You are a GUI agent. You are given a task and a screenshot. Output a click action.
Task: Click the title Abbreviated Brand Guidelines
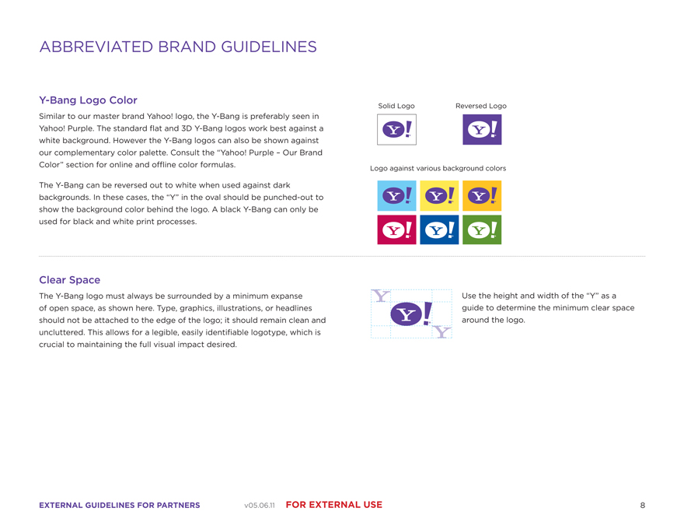tap(178, 47)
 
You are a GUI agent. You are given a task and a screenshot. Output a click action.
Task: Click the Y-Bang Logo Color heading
tap(88, 100)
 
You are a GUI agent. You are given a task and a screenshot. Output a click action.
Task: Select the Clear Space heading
tap(70, 280)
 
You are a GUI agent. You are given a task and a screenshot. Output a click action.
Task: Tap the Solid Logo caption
tap(396, 106)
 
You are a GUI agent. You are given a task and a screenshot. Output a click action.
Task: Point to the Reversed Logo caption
tap(480, 106)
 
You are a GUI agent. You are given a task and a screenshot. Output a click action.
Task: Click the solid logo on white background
tap(396, 129)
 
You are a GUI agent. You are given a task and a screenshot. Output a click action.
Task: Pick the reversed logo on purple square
tap(482, 129)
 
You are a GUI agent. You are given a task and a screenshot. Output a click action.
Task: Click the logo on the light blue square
tap(396, 195)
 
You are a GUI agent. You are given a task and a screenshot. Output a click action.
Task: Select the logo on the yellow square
tap(439, 195)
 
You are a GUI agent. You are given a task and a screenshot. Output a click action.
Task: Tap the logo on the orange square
tap(482, 195)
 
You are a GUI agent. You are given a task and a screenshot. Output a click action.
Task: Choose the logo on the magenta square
tap(396, 229)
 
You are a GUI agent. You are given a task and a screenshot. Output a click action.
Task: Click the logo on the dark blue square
tap(439, 229)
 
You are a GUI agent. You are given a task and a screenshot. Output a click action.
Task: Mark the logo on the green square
tap(482, 229)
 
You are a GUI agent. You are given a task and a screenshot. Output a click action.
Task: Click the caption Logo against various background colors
tap(438, 168)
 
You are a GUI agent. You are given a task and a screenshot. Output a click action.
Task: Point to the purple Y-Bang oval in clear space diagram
tap(406, 314)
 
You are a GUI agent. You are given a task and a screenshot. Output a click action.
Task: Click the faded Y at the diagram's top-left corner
tap(381, 296)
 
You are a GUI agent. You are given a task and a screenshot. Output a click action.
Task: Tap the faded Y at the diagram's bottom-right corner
tap(441, 332)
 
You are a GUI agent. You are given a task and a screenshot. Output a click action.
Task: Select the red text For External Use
tap(334, 505)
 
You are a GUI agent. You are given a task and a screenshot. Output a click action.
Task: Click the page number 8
tap(643, 505)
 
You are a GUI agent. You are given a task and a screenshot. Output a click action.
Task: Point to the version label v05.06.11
tap(260, 506)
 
